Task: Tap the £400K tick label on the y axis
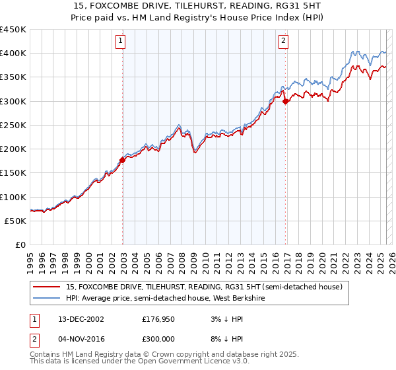pyautogui.click(x=13, y=54)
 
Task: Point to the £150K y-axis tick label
pyautogui.click(x=13, y=172)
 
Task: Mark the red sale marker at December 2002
pyautogui.click(x=123, y=159)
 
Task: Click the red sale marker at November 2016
pyautogui.click(x=285, y=101)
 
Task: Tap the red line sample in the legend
pyautogui.click(x=46, y=287)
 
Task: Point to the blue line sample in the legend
pyautogui.click(x=46, y=299)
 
